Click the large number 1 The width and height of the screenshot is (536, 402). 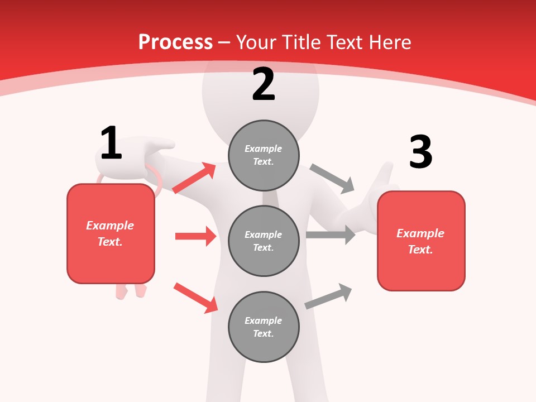click(111, 143)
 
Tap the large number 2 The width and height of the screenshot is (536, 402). click(264, 84)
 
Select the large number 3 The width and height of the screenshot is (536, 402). click(420, 152)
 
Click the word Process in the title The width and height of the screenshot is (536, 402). click(175, 42)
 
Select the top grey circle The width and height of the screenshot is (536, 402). click(264, 155)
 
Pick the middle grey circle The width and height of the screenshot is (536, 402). click(264, 241)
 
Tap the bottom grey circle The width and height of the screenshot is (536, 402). click(264, 327)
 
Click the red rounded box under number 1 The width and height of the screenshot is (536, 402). click(111, 233)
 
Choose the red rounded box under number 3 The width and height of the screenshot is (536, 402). click(421, 241)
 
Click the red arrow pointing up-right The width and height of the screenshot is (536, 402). click(194, 178)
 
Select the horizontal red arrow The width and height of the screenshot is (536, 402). click(195, 236)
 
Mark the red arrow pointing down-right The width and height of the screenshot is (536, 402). click(195, 298)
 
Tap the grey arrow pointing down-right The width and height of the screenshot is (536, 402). click(333, 179)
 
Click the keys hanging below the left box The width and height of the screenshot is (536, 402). click(131, 290)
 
